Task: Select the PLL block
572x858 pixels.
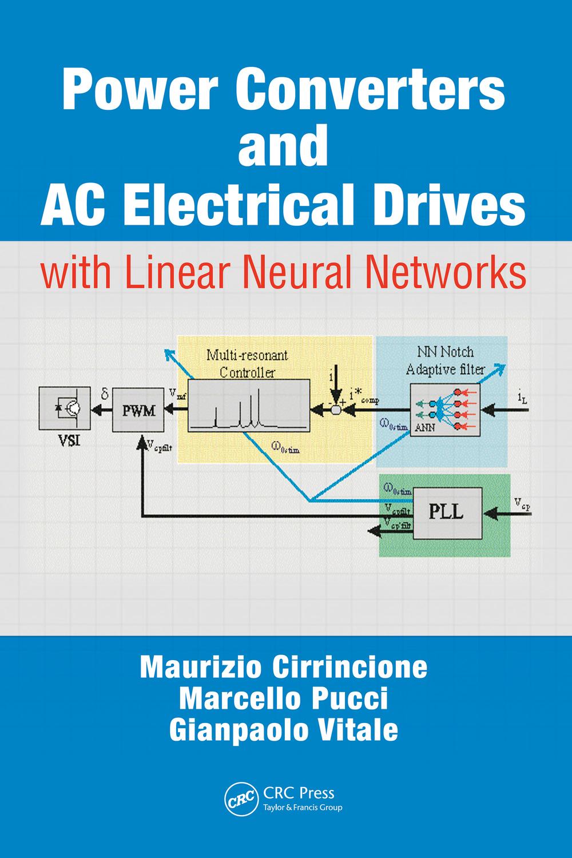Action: (x=447, y=513)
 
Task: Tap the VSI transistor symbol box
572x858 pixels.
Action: (x=65, y=408)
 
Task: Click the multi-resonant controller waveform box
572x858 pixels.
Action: (x=248, y=406)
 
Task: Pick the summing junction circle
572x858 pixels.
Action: (x=335, y=410)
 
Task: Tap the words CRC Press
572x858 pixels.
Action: (x=299, y=793)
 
